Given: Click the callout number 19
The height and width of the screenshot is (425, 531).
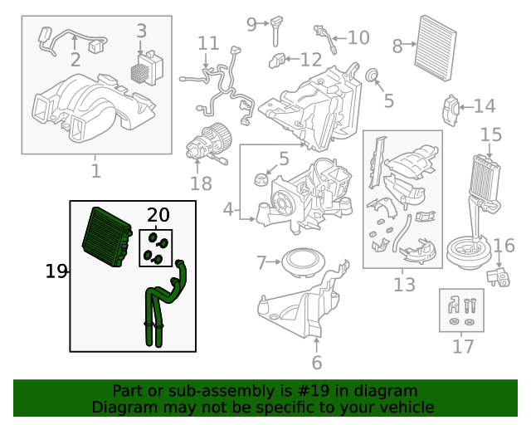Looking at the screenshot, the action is pyautogui.click(x=56, y=271).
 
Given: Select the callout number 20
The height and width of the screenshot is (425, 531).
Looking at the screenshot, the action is pyautogui.click(x=158, y=215).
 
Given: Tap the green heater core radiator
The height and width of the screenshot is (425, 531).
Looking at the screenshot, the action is pyautogui.click(x=107, y=237).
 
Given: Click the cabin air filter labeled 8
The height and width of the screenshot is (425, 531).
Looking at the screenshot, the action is pyautogui.click(x=436, y=48).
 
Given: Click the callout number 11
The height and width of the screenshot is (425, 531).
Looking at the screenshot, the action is pyautogui.click(x=208, y=43).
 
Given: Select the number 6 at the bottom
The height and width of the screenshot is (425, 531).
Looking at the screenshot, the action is pyautogui.click(x=317, y=363).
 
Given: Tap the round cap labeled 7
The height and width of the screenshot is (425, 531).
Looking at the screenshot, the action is pyautogui.click(x=303, y=262).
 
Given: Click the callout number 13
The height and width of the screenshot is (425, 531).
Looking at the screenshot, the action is pyautogui.click(x=404, y=285).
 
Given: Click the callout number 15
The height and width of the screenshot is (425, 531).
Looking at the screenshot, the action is pyautogui.click(x=491, y=134).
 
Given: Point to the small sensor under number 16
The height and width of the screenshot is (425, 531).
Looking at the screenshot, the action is pyautogui.click(x=499, y=277).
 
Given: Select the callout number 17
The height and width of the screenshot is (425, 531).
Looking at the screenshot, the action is pyautogui.click(x=463, y=346).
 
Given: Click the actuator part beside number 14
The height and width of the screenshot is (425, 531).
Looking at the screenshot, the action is pyautogui.click(x=451, y=110).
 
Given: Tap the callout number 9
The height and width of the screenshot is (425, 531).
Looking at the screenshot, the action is pyautogui.click(x=251, y=24).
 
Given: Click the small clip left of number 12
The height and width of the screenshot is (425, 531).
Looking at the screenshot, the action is pyautogui.click(x=277, y=61).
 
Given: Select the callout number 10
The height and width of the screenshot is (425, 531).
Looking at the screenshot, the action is pyautogui.click(x=358, y=37).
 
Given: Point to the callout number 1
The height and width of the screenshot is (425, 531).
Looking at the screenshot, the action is pyautogui.click(x=96, y=170).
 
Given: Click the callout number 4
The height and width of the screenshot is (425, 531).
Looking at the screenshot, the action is pyautogui.click(x=229, y=209).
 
